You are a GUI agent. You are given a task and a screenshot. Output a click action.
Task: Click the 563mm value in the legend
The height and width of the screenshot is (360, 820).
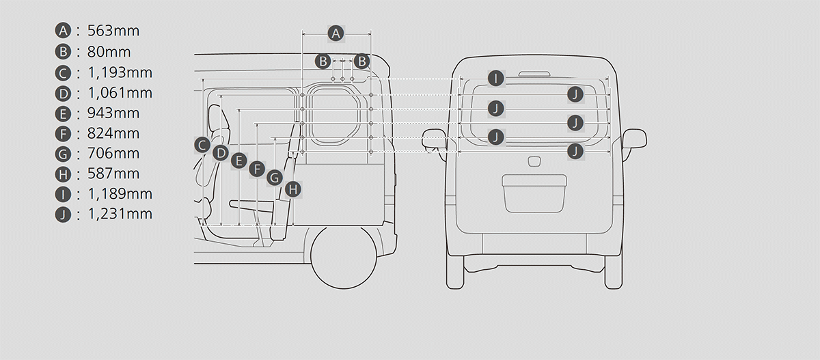click(113, 31)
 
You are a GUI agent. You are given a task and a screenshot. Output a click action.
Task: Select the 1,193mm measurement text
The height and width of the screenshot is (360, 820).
click(120, 73)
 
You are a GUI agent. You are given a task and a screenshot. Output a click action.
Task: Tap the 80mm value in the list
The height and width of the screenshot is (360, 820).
click(109, 52)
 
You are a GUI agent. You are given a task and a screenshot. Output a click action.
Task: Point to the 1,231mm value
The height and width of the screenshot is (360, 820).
click(120, 214)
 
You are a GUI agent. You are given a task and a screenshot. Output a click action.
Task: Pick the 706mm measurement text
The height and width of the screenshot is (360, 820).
click(113, 154)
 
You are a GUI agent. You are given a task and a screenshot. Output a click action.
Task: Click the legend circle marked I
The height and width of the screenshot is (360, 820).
click(63, 194)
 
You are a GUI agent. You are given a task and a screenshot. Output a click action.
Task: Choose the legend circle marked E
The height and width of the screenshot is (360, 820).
click(63, 114)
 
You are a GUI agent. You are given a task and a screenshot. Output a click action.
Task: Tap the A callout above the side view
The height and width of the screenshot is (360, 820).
click(336, 33)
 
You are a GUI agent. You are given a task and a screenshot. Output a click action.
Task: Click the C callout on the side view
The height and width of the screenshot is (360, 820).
click(202, 146)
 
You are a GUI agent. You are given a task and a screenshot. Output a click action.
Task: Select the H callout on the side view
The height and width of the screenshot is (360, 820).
click(293, 189)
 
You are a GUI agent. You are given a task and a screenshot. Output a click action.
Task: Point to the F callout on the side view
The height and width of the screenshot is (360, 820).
click(257, 169)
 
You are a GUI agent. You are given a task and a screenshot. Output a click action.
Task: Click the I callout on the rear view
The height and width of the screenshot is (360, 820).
click(496, 79)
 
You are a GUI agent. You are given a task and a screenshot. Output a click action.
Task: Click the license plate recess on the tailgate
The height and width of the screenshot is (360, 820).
click(534, 193)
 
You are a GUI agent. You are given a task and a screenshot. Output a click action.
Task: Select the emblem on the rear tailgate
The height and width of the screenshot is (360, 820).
click(535, 162)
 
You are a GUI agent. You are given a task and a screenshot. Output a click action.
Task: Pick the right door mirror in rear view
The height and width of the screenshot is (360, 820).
click(634, 138)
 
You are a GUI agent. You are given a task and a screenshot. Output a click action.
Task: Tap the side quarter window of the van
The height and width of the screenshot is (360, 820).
click(334, 114)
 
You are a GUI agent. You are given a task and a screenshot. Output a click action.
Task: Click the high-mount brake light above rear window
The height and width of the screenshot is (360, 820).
click(534, 74)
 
